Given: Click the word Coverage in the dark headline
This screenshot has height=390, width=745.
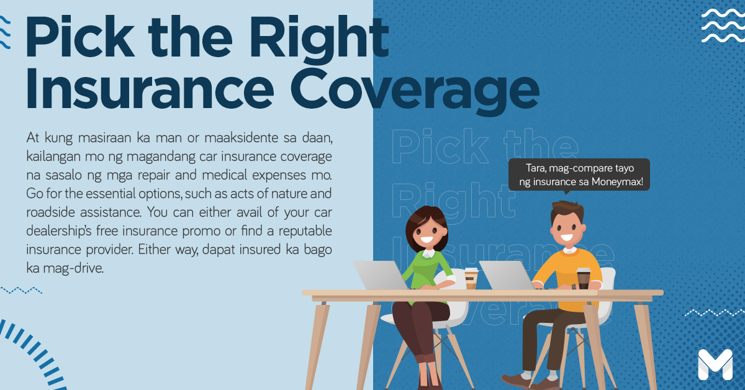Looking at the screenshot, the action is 415,90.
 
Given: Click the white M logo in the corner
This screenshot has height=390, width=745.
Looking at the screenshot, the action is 715,365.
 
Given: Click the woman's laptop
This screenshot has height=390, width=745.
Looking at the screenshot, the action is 381,275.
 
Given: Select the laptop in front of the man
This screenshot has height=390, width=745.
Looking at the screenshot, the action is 507,275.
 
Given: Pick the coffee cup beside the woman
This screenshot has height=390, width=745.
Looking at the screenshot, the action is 471,278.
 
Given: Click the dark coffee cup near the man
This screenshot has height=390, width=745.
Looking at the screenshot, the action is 584,278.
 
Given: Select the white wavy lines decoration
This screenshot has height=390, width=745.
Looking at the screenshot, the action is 723,26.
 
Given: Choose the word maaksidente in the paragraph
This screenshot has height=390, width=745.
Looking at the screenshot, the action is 241,138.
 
